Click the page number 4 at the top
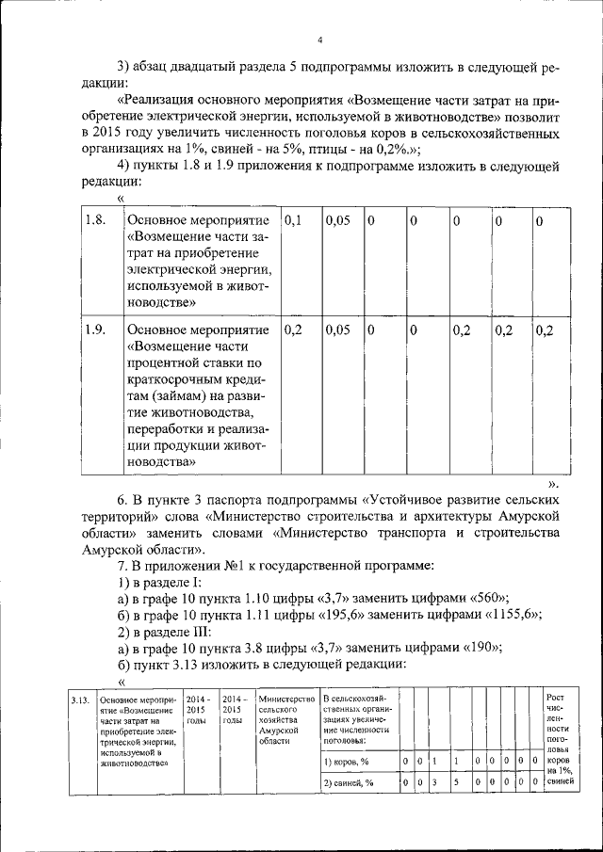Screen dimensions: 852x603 point(320,40)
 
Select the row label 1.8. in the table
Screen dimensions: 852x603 point(94,220)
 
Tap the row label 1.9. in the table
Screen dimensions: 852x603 point(94,330)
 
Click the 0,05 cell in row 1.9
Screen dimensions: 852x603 point(337,330)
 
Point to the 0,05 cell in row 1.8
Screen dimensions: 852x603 point(337,220)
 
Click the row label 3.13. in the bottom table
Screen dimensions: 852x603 point(80,700)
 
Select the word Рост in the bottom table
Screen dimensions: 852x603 point(556,697)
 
